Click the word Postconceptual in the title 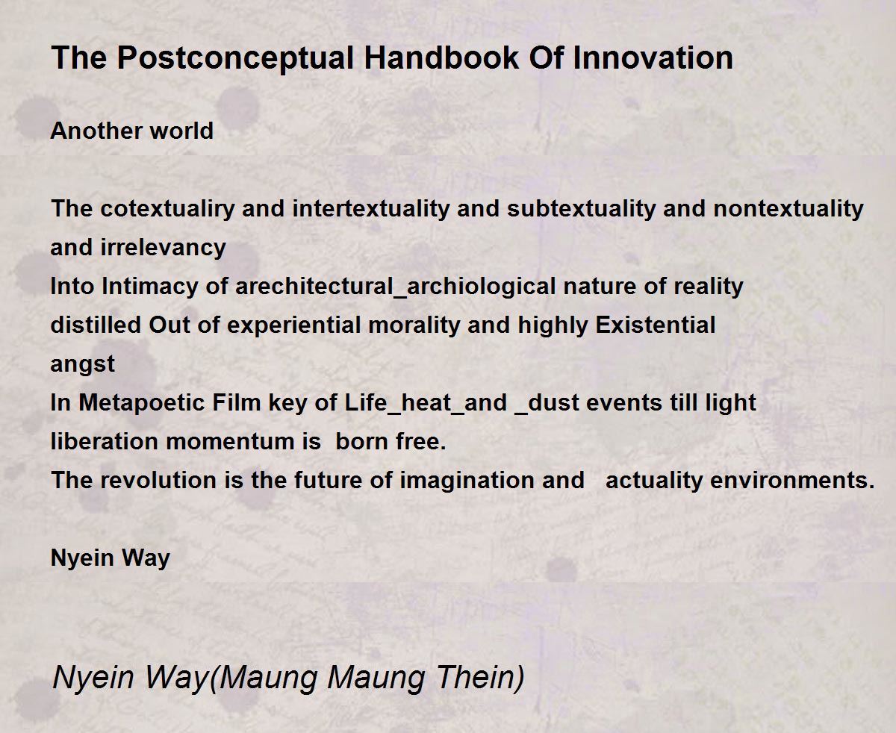(235, 59)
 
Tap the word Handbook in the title (441, 57)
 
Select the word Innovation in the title (653, 57)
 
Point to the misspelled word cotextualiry (167, 209)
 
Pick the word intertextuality (370, 209)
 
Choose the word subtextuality (581, 209)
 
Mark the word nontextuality (788, 209)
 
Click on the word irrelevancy (163, 248)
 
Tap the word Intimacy (149, 287)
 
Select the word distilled (96, 325)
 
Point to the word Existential (656, 325)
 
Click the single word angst (82, 365)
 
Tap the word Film (236, 402)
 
